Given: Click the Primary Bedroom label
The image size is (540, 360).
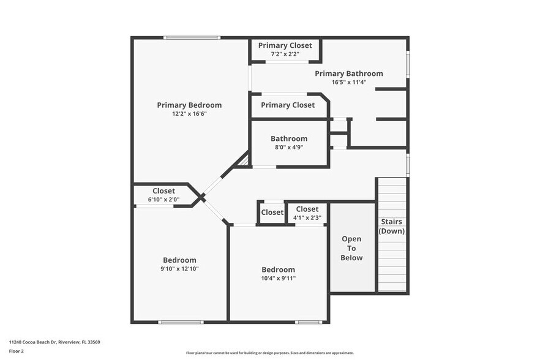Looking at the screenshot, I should pyautogui.click(x=189, y=105).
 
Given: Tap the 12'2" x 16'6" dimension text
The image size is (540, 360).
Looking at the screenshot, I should pyautogui.click(x=189, y=114).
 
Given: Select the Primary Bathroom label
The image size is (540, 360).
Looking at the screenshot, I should pyautogui.click(x=349, y=73).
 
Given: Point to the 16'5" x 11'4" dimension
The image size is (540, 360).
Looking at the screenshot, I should pyautogui.click(x=349, y=82).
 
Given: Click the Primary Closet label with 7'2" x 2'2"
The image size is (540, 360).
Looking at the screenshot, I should pyautogui.click(x=285, y=45).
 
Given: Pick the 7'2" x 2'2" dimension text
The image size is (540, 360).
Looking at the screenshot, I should pyautogui.click(x=285, y=54).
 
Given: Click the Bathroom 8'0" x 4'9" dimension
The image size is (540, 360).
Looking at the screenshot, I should pyautogui.click(x=289, y=147).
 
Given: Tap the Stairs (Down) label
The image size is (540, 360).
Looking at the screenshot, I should pyautogui.click(x=392, y=226).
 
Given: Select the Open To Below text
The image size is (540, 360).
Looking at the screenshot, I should pyautogui.click(x=351, y=248).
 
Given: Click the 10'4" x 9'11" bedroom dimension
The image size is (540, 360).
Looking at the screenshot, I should pyautogui.click(x=278, y=278).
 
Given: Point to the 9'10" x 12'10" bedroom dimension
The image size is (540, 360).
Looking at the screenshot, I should pyautogui.click(x=179, y=269).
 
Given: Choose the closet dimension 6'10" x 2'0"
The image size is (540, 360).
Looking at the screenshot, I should pyautogui.click(x=163, y=200).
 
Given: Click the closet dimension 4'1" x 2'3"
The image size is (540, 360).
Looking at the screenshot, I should pyautogui.click(x=307, y=217).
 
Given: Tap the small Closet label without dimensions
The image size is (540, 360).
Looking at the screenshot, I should pyautogui.click(x=272, y=212).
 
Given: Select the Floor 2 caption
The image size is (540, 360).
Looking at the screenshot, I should pyautogui.click(x=17, y=351).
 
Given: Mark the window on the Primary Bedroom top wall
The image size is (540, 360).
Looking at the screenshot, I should pyautogui.click(x=192, y=38).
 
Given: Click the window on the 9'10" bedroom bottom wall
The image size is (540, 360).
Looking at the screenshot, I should pyautogui.click(x=180, y=322).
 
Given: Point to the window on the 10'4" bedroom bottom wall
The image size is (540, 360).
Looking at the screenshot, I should pyautogui.click(x=308, y=322).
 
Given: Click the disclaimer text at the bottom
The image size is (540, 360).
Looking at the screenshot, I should pyautogui.click(x=269, y=353).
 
